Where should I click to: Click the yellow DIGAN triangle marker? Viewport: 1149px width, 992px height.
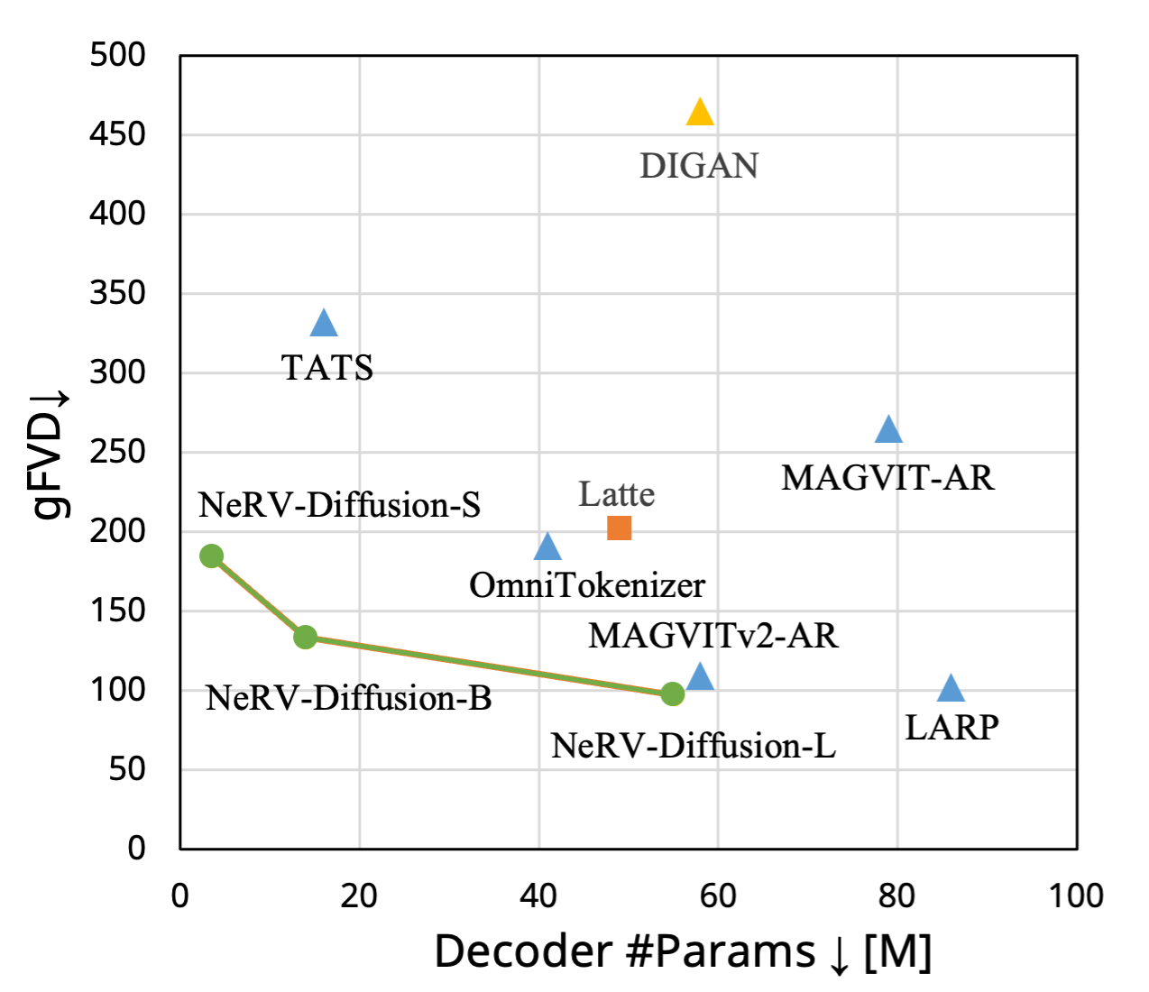[x=700, y=114]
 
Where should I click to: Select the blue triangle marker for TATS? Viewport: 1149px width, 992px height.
[x=324, y=324]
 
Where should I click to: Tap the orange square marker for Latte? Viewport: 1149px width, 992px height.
[x=620, y=528]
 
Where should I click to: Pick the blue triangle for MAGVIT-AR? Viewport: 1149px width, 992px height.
[x=888, y=431]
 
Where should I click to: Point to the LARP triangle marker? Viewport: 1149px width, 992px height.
[x=951, y=690]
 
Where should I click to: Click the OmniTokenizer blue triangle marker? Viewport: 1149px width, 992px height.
[x=547, y=547]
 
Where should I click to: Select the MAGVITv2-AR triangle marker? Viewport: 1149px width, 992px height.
[x=700, y=677]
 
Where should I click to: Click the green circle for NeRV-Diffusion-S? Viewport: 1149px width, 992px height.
[x=211, y=556]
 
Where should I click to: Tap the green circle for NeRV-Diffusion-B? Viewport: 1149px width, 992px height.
[x=306, y=637]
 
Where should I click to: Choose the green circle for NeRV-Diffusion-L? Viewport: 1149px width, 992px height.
[x=672, y=693]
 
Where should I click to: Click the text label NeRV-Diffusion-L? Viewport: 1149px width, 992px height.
[x=693, y=746]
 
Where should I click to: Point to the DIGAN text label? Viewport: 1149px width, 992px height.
[x=699, y=166]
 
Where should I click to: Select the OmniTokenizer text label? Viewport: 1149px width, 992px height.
[x=587, y=585]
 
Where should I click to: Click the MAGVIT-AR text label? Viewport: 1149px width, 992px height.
[x=887, y=478]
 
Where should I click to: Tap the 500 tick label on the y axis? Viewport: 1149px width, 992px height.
[x=117, y=55]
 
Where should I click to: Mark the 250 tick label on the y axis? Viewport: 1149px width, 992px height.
[x=117, y=452]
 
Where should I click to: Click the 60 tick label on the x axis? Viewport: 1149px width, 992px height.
[x=718, y=896]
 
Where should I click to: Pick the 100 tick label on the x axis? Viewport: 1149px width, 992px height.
[x=1076, y=896]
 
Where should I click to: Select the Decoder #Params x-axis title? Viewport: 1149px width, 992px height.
[x=683, y=951]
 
